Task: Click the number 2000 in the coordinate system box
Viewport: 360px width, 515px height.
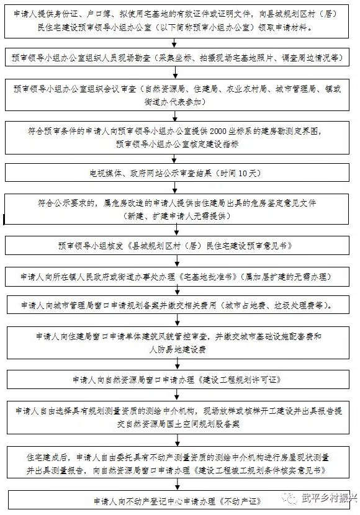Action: point(218,132)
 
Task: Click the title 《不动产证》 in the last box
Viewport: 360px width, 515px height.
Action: point(241,501)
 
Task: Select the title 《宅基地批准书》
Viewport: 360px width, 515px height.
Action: point(209,277)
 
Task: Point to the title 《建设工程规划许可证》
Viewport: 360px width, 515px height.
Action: point(240,380)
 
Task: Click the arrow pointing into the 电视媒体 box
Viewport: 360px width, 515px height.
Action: point(174,159)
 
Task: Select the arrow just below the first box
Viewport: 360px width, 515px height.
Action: point(174,43)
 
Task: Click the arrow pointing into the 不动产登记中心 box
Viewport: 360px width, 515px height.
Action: point(178,484)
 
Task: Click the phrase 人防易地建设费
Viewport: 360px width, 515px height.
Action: point(178,349)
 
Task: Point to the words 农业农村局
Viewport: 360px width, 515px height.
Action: point(246,89)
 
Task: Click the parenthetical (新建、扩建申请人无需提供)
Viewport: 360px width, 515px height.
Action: point(177,216)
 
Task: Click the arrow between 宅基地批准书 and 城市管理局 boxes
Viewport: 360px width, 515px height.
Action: point(178,290)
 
